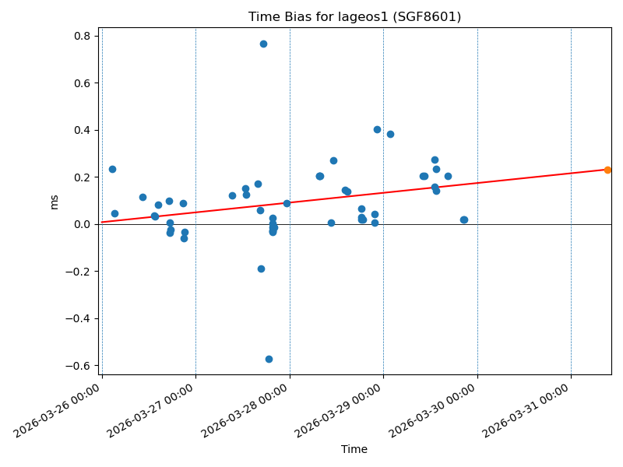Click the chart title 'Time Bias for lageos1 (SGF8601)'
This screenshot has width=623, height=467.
(x=354, y=17)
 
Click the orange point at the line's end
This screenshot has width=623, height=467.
(x=607, y=170)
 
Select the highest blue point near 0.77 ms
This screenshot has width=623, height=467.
(x=263, y=44)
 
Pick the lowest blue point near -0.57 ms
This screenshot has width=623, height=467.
(x=269, y=359)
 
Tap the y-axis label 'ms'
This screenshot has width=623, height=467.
(x=54, y=202)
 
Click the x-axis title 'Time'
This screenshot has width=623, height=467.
(x=354, y=449)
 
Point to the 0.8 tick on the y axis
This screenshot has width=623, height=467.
(x=80, y=36)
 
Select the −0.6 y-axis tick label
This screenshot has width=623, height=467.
(x=77, y=366)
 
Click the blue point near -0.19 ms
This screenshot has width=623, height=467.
(x=261, y=269)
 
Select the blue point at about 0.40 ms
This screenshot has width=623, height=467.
(x=377, y=129)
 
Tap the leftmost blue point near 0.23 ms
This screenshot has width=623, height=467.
(x=112, y=169)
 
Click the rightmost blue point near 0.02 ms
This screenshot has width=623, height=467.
(x=464, y=219)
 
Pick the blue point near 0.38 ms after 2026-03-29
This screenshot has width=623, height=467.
(x=390, y=134)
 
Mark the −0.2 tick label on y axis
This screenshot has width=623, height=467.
(x=77, y=272)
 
